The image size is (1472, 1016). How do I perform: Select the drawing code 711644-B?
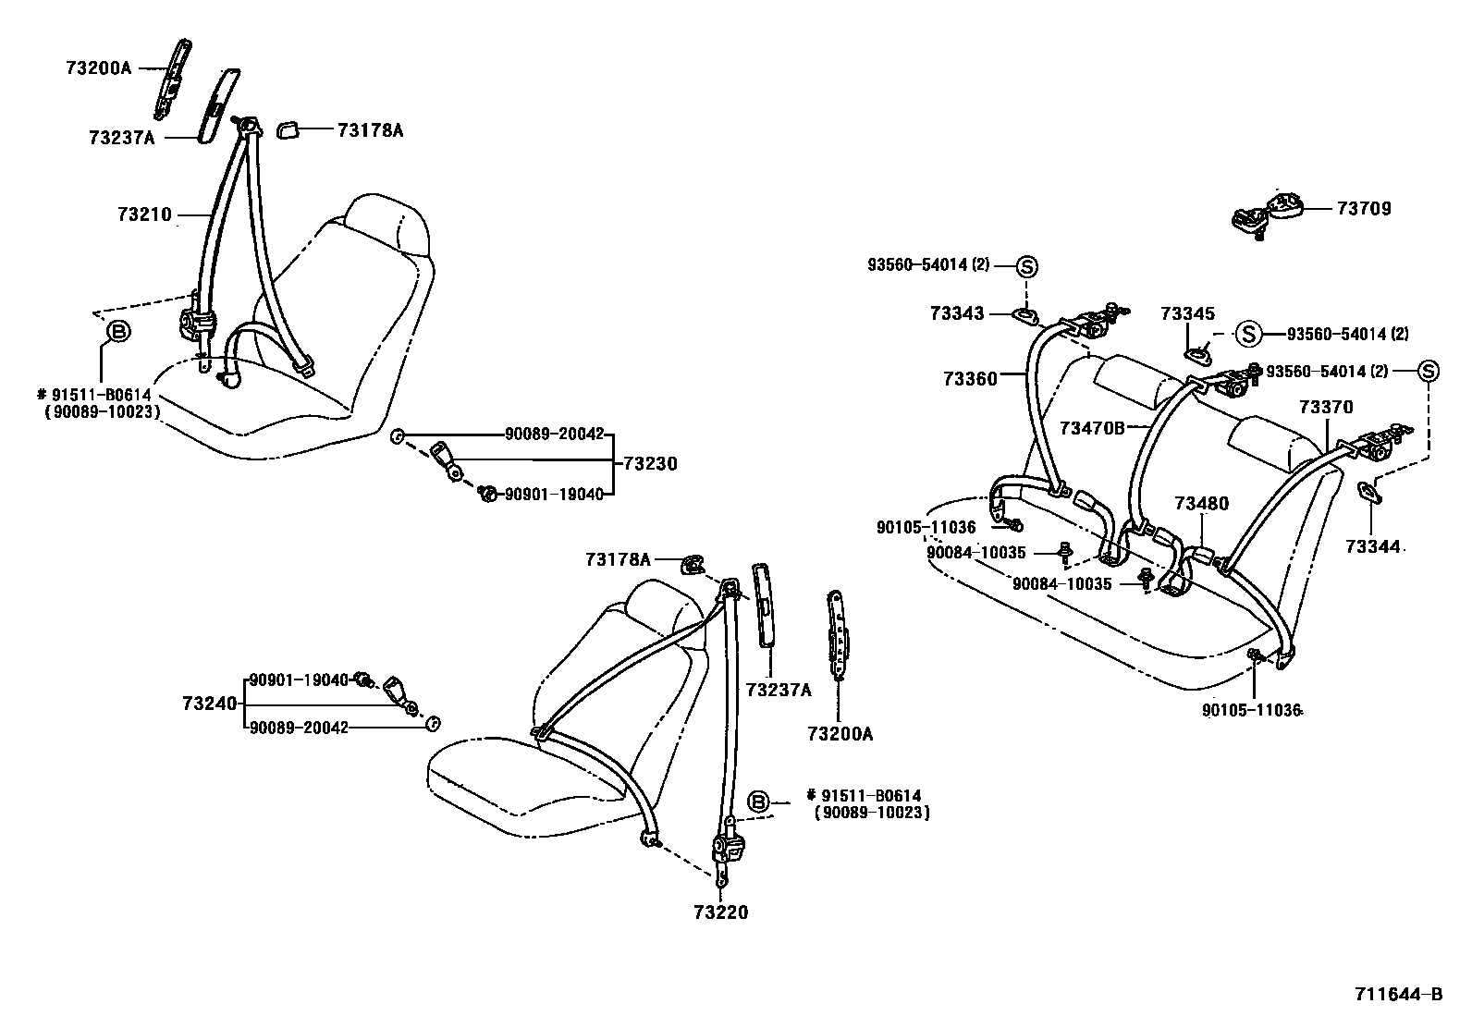pos(1397,995)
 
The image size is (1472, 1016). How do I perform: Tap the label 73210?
pos(144,214)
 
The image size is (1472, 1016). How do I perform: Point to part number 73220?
pos(720,912)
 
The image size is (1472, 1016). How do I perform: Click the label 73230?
pos(650,464)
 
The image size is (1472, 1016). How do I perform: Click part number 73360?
pos(970,378)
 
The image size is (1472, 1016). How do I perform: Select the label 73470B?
pos(1092,428)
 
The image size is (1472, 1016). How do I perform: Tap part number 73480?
pos(1201,504)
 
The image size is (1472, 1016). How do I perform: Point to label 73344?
pos(1372,547)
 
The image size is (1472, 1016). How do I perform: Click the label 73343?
pos(957,314)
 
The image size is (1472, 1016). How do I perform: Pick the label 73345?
pos(1187,314)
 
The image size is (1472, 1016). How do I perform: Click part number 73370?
pos(1325,407)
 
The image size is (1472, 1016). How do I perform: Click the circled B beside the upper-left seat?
pos(119,330)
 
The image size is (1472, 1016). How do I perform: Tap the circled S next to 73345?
pos(1247,334)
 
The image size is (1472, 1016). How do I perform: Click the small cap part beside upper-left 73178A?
pos(288,130)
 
